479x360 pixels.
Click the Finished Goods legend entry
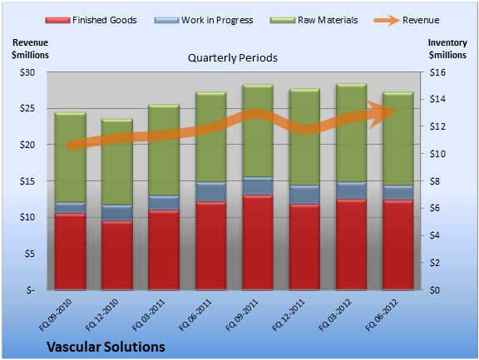pos(91,20)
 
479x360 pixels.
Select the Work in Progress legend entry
pos(204,20)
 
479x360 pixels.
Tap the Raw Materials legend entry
pos(314,20)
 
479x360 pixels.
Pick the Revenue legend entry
pos(407,20)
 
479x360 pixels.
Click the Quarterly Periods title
pos(233,58)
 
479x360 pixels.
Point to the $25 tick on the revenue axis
pos(27,108)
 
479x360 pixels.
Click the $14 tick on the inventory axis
pos(437,99)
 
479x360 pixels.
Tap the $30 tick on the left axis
pos(27,72)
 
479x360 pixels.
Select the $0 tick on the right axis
pos(435,290)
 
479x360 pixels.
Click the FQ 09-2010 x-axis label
pos(56,315)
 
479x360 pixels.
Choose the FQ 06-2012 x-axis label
pos(383,315)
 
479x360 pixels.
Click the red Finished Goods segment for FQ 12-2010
pos(117,255)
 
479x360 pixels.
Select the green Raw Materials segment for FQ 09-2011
pos(258,131)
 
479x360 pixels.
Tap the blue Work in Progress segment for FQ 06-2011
pos(210,192)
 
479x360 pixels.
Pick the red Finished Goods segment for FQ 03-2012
pos(351,244)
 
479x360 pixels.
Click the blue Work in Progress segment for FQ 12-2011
pos(304,195)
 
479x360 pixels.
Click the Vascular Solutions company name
pos(106,347)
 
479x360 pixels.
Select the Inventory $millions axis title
pos(447,49)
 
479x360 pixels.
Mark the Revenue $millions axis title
pos(30,49)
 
